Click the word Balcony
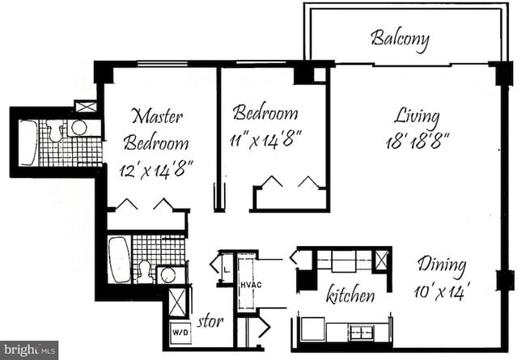400,38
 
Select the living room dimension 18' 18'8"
417,140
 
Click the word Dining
442,265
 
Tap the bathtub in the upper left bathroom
28,142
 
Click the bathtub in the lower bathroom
119,260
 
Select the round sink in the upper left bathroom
79,128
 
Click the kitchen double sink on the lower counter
359,331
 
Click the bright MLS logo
29,350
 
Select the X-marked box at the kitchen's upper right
382,260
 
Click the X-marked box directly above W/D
177,303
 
